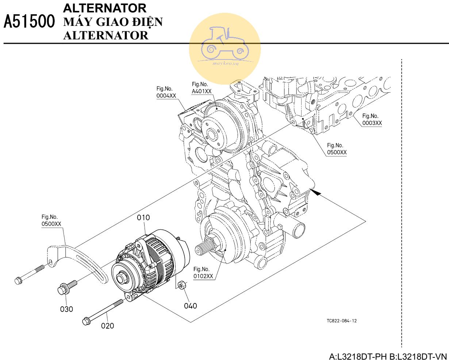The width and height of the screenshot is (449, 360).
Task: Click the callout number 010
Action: click(x=143, y=218)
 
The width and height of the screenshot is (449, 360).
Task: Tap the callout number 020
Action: click(x=107, y=326)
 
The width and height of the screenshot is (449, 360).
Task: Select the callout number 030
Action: click(x=66, y=309)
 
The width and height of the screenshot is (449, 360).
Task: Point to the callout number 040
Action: click(x=190, y=306)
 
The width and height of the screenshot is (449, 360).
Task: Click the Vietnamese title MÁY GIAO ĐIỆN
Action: click(x=113, y=22)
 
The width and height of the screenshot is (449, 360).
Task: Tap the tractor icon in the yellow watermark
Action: click(x=224, y=44)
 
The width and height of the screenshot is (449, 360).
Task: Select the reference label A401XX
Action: click(x=202, y=92)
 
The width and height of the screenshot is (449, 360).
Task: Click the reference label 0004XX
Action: click(x=166, y=96)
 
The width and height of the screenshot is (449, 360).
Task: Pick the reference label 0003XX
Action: click(x=372, y=123)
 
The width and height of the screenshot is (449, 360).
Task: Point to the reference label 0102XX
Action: click(x=203, y=276)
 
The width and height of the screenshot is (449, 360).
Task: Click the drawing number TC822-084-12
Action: click(x=342, y=321)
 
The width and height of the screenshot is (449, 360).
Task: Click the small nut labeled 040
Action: click(x=181, y=284)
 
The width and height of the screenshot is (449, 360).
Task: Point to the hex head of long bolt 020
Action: click(x=87, y=321)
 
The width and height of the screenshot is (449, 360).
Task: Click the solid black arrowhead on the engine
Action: click(x=317, y=193)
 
